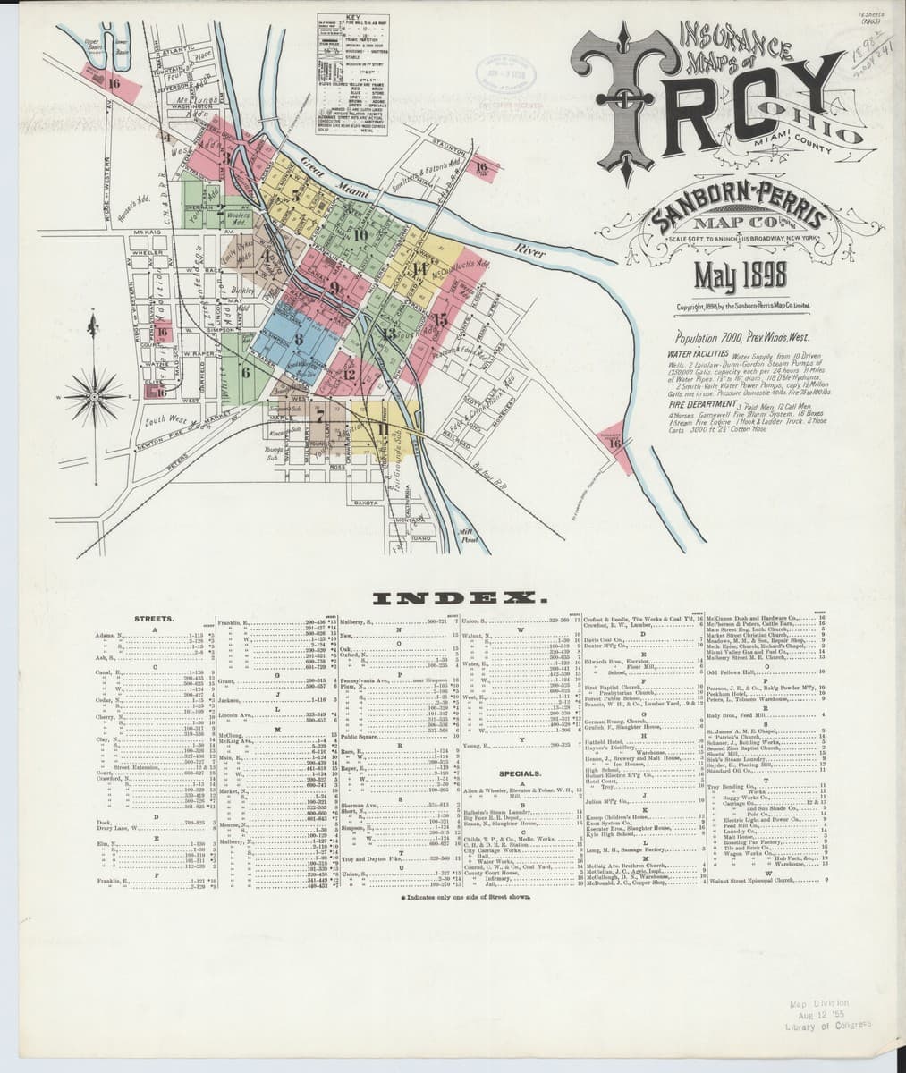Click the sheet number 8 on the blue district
297,337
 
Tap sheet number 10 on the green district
360,235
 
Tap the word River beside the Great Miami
532,253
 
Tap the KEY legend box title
351,18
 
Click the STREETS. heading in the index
154,618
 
